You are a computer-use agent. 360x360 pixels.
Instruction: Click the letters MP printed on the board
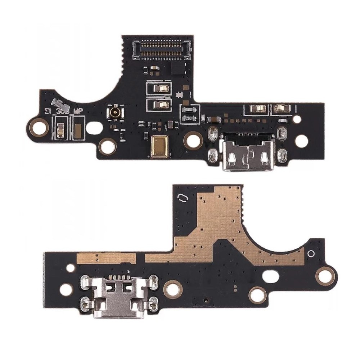click(x=79, y=111)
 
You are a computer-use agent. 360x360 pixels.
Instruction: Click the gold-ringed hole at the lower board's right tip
click(x=325, y=276)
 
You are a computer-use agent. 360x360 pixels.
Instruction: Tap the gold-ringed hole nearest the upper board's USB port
click(x=193, y=141)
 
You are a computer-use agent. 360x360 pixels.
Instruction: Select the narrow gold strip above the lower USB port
click(x=107, y=257)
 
